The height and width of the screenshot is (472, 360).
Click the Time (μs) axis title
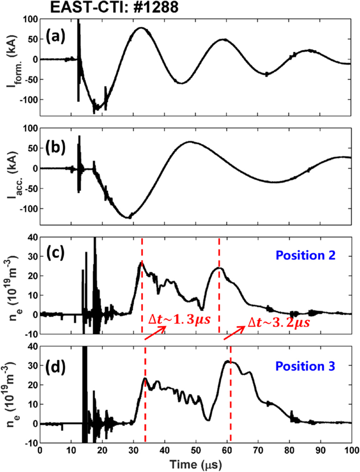[195, 462]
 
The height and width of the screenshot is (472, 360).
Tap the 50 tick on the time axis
[196, 449]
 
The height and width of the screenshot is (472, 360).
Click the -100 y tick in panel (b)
[29, 209]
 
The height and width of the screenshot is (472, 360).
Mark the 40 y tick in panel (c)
[33, 238]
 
